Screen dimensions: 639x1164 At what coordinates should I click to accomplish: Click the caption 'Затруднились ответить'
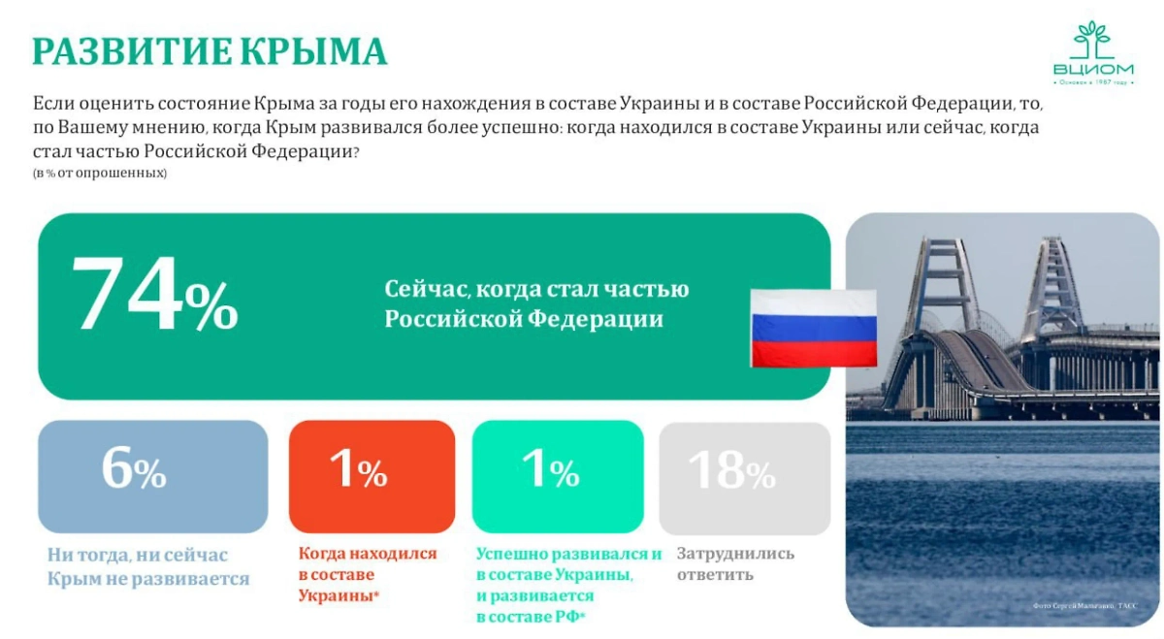(x=734, y=563)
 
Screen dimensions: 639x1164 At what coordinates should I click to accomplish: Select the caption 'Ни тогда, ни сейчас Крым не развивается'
(x=147, y=566)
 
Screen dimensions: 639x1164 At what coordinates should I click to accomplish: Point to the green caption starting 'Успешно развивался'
(x=567, y=585)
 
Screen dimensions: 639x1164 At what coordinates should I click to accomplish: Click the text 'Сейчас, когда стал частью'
(x=536, y=289)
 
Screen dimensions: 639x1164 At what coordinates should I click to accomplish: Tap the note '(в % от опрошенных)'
(x=100, y=173)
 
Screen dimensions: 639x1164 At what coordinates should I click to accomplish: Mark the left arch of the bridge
(x=937, y=281)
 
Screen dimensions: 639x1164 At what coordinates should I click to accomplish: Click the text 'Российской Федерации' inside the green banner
(x=524, y=319)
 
